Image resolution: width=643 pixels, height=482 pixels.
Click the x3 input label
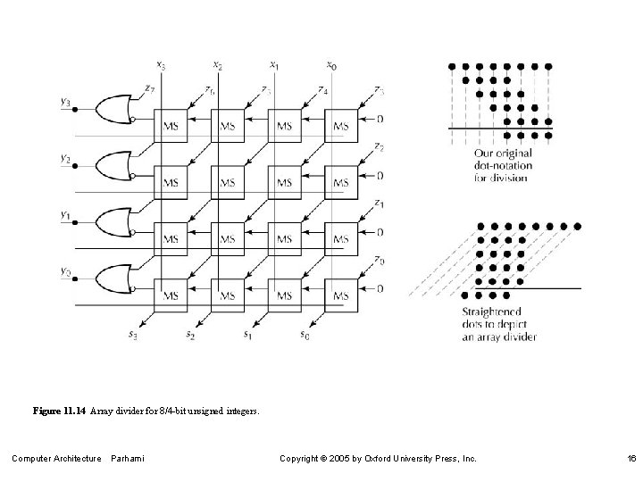coord(160,64)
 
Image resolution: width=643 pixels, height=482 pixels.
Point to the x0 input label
coord(331,64)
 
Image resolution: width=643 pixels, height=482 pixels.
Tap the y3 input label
coord(65,102)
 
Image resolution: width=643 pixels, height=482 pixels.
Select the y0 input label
coord(65,270)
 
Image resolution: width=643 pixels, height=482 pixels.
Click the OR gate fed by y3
coord(113,109)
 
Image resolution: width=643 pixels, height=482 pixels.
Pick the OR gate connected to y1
coord(113,222)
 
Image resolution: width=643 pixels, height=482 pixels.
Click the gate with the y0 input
coord(113,278)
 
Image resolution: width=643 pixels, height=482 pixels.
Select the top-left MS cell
coord(171,126)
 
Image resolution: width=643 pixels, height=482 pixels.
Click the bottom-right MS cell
coord(340,295)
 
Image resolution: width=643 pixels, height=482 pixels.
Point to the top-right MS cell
coord(340,126)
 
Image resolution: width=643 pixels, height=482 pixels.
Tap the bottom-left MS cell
coord(171,295)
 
